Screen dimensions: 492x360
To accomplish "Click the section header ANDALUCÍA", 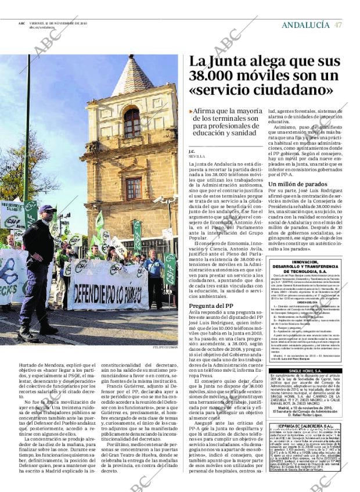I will [x=305, y=25].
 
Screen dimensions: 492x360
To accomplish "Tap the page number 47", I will [x=338, y=25].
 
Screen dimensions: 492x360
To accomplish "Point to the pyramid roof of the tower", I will [x=133, y=77].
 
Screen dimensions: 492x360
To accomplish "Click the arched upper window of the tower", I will [x=132, y=123].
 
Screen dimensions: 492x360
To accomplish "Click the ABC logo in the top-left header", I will [x=21, y=23].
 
